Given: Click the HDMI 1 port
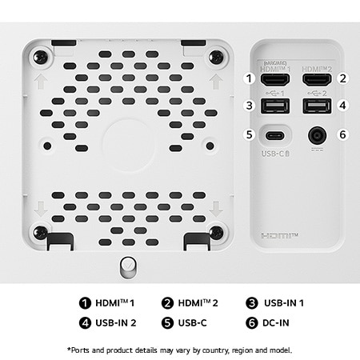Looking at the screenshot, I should pos(277,79).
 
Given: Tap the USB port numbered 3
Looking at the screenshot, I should pos(277,106).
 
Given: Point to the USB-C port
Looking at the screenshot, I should pos(277,134).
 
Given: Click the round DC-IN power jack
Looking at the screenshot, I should pos(318,134).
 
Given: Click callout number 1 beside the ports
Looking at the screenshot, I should pos(250,78).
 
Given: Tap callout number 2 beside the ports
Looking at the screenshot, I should pos(342,78).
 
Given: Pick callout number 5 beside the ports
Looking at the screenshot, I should pos(250,134).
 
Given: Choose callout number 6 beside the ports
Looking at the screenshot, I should pos(342,134).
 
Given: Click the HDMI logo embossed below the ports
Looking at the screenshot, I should pos(278,237).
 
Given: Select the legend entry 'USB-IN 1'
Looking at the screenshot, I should pos(278,303).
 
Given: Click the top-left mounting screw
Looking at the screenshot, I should pos(40,57).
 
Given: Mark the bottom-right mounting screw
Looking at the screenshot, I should pos(216,232).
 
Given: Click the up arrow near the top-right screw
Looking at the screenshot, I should pos(214,81).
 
